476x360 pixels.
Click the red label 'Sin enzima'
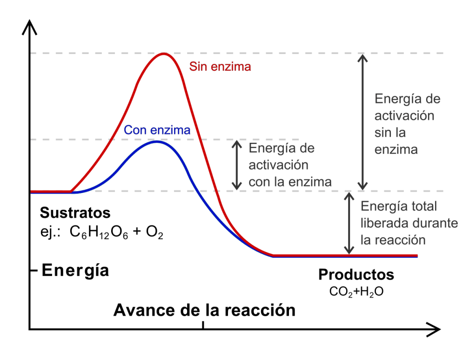[x=220, y=67]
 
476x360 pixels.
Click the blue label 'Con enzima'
[x=157, y=130]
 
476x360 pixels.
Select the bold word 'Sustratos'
[x=75, y=213]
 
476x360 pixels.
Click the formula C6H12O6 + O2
[x=116, y=232]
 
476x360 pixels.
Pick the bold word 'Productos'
[x=356, y=275]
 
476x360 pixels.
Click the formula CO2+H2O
[x=356, y=292]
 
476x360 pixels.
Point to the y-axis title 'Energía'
[x=75, y=270]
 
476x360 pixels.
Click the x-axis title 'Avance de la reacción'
[x=204, y=310]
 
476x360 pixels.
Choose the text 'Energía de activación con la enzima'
[x=289, y=165]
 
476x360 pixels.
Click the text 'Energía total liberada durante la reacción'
[x=409, y=223]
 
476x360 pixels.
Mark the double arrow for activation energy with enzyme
[x=237, y=165]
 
